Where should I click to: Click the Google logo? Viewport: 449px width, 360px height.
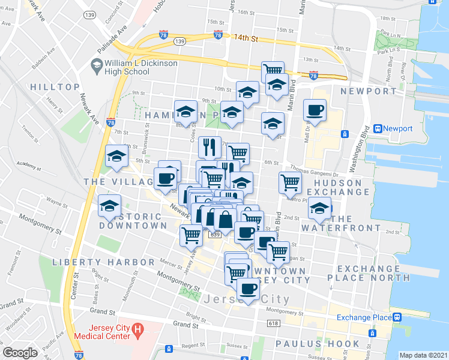[20, 353]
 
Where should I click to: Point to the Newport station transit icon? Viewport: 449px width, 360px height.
[378, 128]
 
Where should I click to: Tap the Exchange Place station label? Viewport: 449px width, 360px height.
[363, 317]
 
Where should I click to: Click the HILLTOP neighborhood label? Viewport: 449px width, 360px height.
[55, 88]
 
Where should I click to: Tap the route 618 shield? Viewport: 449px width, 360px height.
[274, 323]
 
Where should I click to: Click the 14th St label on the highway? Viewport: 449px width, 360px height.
[246, 38]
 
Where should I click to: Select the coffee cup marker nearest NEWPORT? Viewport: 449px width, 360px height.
[315, 110]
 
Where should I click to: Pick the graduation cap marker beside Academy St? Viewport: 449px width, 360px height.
[116, 157]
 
